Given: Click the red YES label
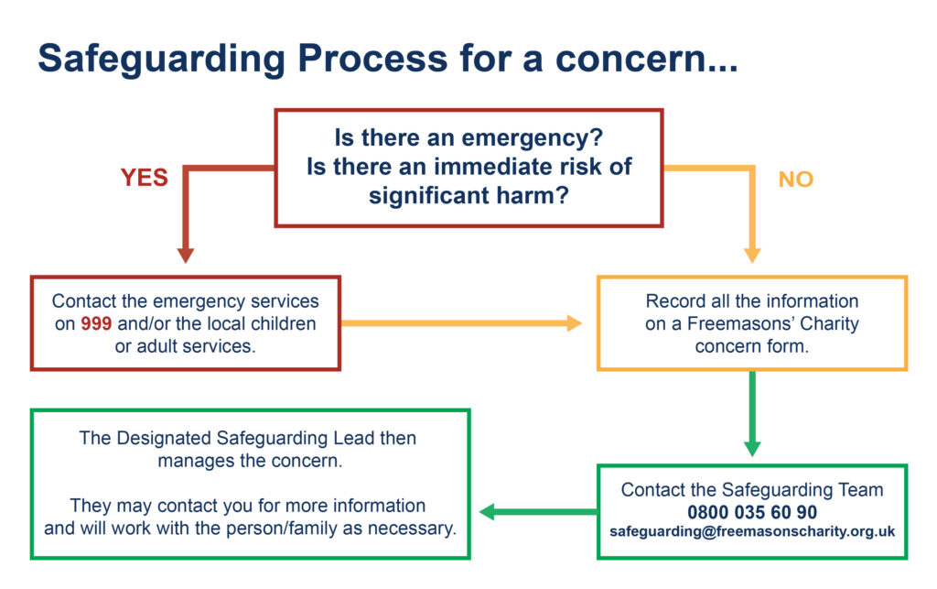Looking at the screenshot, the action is click(144, 178).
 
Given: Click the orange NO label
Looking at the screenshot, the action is click(795, 180).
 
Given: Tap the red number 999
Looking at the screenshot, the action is click(96, 323).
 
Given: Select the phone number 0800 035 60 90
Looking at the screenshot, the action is click(752, 512).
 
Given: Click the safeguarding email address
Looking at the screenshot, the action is click(752, 531).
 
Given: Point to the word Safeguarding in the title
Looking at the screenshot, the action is click(161, 60).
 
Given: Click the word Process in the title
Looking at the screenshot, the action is click(372, 59).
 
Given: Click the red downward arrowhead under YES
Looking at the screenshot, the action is click(186, 255).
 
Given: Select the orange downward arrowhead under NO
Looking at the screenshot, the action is click(752, 255).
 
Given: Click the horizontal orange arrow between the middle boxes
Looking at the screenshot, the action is click(461, 323).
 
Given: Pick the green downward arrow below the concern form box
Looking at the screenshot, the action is click(752, 414).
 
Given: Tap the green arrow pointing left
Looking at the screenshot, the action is click(538, 512).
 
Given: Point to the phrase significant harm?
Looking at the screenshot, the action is click(468, 195).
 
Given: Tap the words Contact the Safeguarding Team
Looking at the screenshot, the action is click(752, 490).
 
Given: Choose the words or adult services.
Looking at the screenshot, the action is click(185, 346).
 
